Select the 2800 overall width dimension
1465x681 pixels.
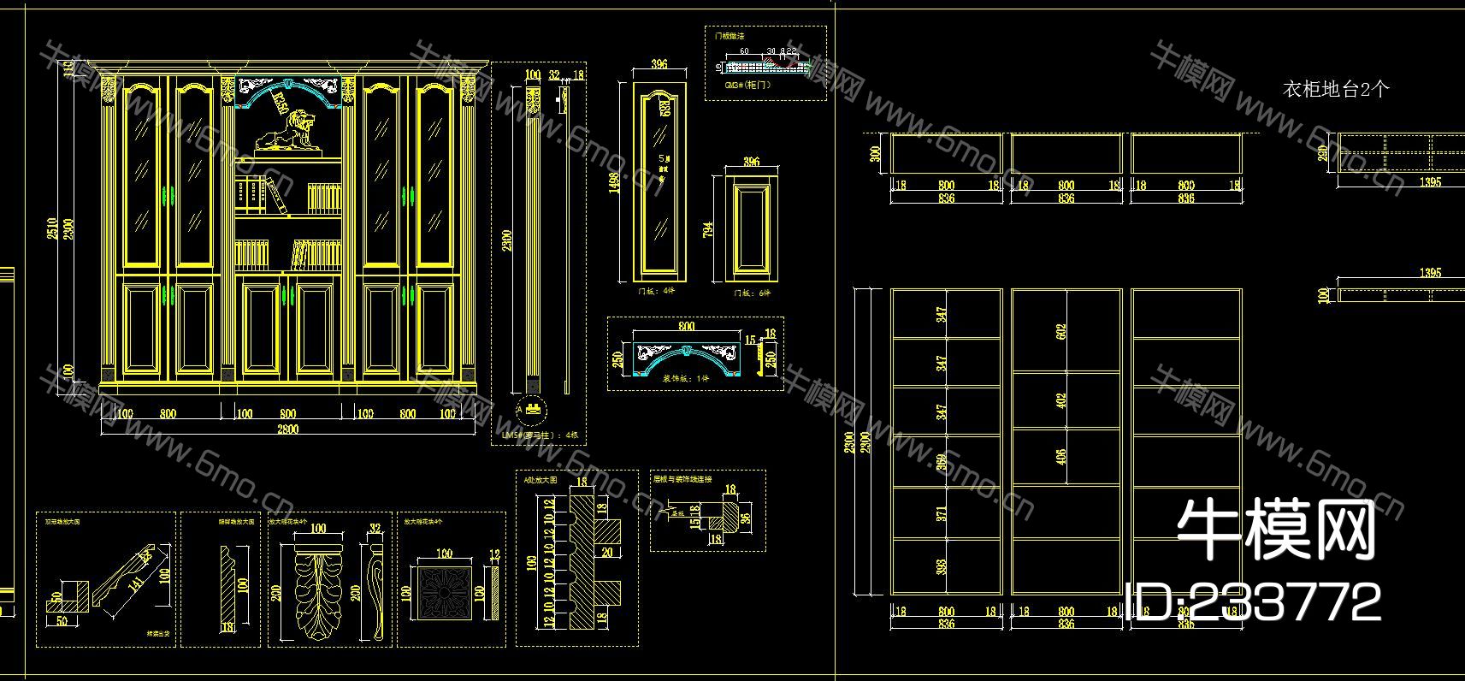pyautogui.click(x=288, y=429)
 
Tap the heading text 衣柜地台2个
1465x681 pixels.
pyautogui.click(x=1335, y=89)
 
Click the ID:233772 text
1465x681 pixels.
pyautogui.click(x=1254, y=601)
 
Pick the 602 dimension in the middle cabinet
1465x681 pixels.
pyautogui.click(x=1061, y=333)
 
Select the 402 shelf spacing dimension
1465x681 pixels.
pyautogui.click(x=1061, y=400)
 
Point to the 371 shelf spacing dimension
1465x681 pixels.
pyautogui.click(x=942, y=514)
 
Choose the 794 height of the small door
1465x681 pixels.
pyautogui.click(x=708, y=230)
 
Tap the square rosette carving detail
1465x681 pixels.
pyautogui.click(x=443, y=590)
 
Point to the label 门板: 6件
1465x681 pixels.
pyautogui.click(x=752, y=293)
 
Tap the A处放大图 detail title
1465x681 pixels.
pyautogui.click(x=541, y=481)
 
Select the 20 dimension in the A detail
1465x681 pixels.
pyautogui.click(x=607, y=552)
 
